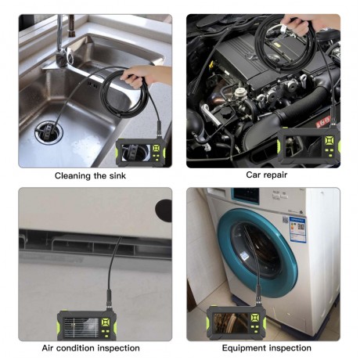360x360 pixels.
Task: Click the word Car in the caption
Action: [x=254, y=175]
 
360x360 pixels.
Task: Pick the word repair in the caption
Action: [x=275, y=175]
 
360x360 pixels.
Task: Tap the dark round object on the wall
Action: [x=163, y=209]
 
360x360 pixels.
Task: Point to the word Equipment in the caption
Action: [x=245, y=347]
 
